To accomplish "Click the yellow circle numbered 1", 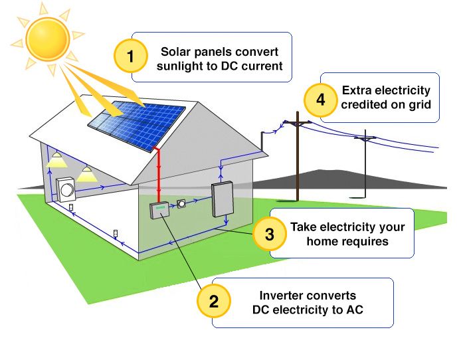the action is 130,56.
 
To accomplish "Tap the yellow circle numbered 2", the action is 213,301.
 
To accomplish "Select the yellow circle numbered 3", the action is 269,234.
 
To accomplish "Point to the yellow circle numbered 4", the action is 320,100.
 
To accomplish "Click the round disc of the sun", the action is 48,39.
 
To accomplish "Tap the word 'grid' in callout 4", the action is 420,105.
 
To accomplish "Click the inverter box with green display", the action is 159,210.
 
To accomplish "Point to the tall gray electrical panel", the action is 223,199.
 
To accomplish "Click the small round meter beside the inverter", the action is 181,203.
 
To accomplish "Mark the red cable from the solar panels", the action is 159,174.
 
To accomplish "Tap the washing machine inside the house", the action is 66,189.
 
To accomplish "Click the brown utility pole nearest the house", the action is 298,156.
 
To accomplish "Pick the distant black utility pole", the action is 365,164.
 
